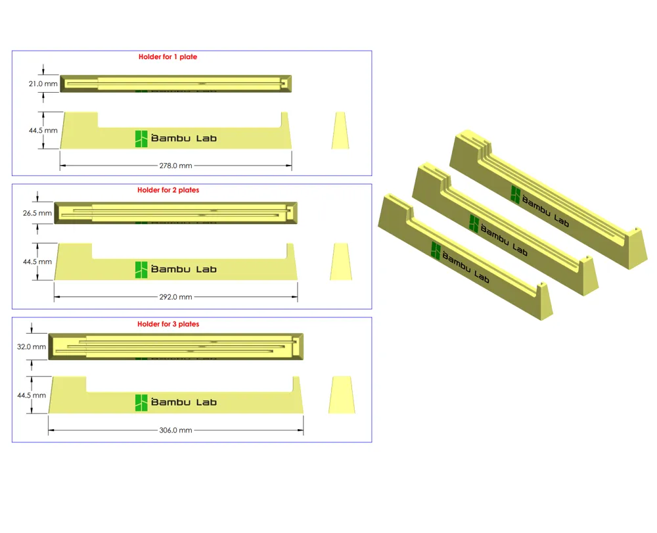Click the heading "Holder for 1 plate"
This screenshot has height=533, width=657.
pyautogui.click(x=168, y=57)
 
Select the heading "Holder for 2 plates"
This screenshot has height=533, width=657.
pyautogui.click(x=168, y=190)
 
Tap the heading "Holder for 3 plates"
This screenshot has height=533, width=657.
pyautogui.click(x=168, y=324)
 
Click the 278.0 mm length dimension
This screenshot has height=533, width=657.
pyautogui.click(x=175, y=166)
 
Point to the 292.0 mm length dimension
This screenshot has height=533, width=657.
pyautogui.click(x=176, y=297)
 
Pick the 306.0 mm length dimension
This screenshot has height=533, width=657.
pyautogui.click(x=176, y=430)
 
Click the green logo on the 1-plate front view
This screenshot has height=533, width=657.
pyautogui.click(x=141, y=138)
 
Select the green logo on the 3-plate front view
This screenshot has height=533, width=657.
pyautogui.click(x=141, y=403)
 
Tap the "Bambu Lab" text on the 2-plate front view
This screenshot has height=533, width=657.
pyautogui.click(x=184, y=269)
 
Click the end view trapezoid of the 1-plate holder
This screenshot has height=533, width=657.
pyautogui.click(x=340, y=130)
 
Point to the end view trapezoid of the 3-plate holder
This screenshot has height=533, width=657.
pyautogui.click(x=341, y=394)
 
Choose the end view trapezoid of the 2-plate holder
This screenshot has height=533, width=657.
pyautogui.click(x=340, y=262)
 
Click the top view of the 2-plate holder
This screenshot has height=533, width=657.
pyautogui.click(x=176, y=213)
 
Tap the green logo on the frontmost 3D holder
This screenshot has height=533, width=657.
pyautogui.click(x=436, y=250)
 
